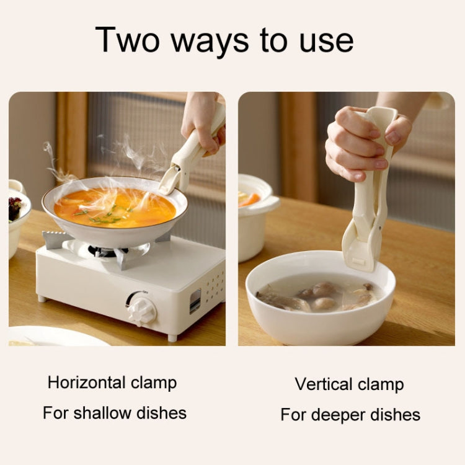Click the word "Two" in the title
click(128, 40)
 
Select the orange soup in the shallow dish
click(115, 208)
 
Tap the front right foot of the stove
click(172, 337)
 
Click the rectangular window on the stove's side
click(195, 301)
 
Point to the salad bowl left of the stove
click(18, 219)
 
